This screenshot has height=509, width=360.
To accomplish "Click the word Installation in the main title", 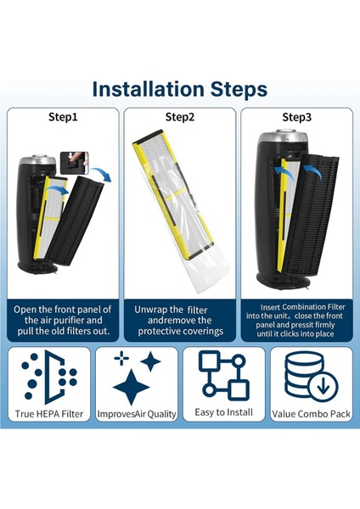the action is [x=149, y=89].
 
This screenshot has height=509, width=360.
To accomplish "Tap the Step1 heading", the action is [x=63, y=117].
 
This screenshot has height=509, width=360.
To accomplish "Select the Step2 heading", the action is [x=180, y=117].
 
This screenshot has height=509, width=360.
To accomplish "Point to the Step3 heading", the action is [x=296, y=117].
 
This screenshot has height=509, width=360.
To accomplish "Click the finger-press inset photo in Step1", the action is [x=75, y=163].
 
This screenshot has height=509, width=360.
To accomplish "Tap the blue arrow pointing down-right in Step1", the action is [x=102, y=174].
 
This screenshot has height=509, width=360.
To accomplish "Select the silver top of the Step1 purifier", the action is [x=37, y=160].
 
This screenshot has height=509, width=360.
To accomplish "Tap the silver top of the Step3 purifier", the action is [x=286, y=137].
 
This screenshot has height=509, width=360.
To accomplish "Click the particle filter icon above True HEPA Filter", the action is [x=48, y=377].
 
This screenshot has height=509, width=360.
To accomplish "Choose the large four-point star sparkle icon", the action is [x=132, y=387].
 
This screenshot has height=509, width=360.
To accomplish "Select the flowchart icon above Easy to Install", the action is [x=224, y=376].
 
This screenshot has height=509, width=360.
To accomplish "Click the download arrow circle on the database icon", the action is [x=323, y=387].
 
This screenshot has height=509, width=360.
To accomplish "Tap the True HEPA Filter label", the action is [x=49, y=414].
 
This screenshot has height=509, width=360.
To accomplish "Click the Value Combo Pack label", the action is [x=312, y=414].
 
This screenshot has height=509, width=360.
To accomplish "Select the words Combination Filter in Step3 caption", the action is [x=313, y=307].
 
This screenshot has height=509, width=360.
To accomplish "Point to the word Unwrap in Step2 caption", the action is [x=150, y=310].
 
